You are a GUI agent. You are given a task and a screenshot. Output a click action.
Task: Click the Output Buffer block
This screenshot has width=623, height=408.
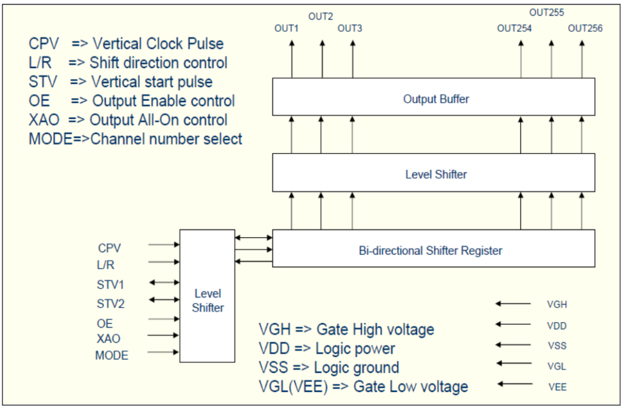[433, 98]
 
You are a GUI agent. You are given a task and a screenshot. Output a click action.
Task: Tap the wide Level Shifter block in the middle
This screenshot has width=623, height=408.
[433, 173]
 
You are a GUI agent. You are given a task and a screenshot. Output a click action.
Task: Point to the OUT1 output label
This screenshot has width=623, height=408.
[286, 28]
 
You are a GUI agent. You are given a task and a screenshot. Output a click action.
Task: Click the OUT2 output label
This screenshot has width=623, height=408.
[321, 17]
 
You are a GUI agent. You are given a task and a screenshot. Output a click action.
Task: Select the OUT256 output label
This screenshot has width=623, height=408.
[585, 28]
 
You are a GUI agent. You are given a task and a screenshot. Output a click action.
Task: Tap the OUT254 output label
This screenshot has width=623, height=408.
[514, 28]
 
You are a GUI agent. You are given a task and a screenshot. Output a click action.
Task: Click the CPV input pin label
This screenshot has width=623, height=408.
[109, 248]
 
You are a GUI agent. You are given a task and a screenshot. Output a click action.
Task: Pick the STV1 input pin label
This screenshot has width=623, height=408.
[110, 285]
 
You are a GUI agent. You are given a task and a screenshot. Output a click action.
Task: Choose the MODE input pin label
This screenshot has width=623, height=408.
[112, 355]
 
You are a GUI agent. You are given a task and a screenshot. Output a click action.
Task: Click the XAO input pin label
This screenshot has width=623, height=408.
[108, 338]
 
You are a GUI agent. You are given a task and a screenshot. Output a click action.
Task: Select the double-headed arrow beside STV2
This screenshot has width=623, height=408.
[164, 300]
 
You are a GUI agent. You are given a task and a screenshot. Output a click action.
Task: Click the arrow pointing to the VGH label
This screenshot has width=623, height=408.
[513, 304]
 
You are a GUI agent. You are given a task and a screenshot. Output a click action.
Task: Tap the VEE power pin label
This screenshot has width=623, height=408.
[557, 387]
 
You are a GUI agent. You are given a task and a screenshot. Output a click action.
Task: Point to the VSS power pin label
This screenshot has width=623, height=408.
[557, 346]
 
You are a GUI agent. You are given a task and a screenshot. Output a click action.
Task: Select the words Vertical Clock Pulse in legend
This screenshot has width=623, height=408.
[157, 44]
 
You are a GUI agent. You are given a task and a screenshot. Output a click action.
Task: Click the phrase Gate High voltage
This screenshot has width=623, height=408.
[375, 330]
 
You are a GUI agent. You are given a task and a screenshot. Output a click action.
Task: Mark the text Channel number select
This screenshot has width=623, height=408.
[167, 139]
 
